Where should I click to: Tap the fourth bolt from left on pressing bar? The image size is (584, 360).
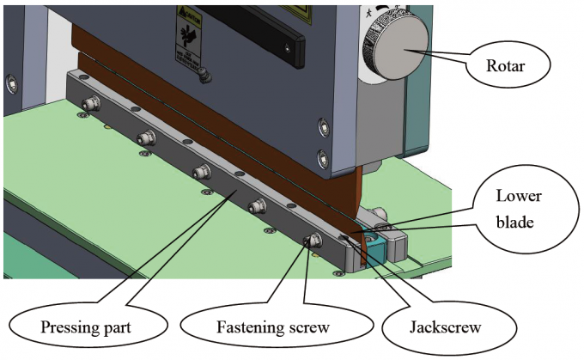257,206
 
